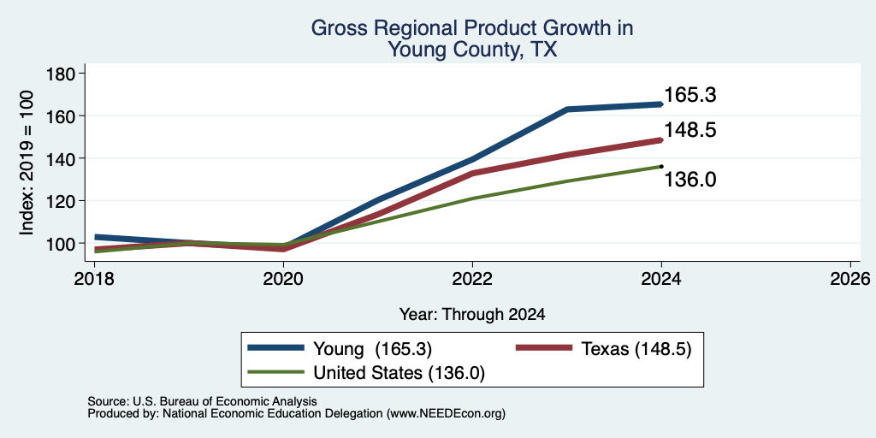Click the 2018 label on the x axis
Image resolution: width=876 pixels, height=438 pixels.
click(94, 278)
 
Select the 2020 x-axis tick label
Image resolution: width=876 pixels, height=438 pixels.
click(284, 278)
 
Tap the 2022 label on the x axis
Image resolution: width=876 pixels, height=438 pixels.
click(472, 278)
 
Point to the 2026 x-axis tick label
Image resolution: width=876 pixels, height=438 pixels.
click(850, 278)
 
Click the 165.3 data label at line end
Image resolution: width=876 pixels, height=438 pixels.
click(690, 95)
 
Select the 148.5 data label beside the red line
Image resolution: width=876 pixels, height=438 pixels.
click(690, 130)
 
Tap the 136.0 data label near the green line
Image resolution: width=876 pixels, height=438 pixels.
click(690, 180)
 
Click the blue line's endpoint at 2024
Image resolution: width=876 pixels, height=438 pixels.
click(661, 104)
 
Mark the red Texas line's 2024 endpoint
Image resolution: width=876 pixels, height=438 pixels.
click(661, 140)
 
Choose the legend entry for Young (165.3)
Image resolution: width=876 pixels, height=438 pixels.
click(340, 349)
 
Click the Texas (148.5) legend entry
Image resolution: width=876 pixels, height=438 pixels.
click(603, 349)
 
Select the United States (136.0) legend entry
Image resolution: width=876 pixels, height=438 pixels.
click(366, 373)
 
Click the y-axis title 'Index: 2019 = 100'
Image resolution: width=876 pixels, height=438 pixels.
click(27, 163)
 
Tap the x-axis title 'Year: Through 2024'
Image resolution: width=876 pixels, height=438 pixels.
click(472, 314)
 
